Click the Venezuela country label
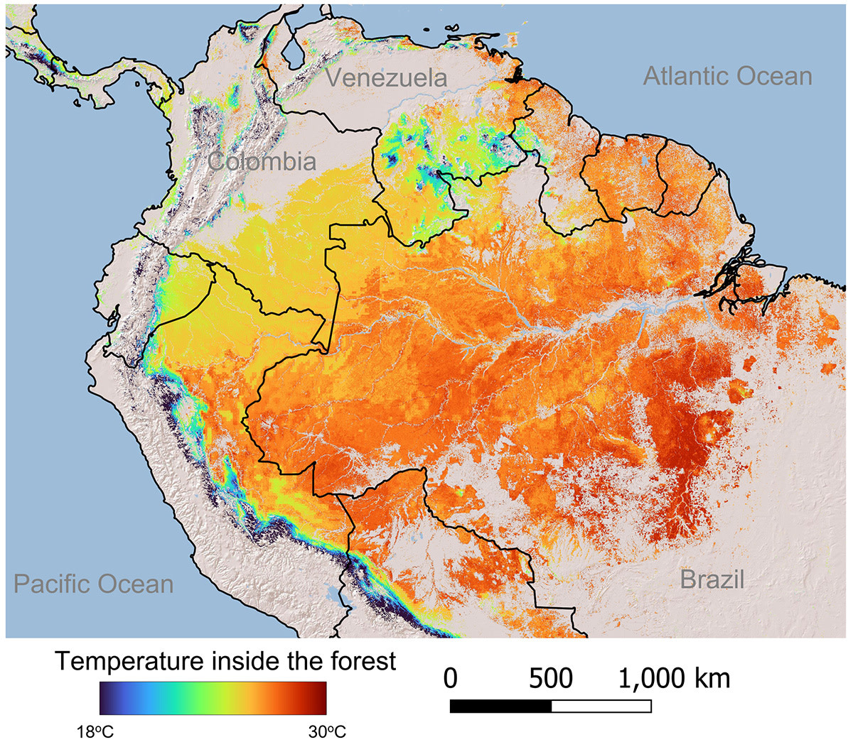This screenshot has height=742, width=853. click(387, 77)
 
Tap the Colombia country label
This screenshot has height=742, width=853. click(262, 161)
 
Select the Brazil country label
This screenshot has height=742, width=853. click(712, 579)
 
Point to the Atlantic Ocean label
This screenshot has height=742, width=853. click(727, 76)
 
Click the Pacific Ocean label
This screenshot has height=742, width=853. click(94, 584)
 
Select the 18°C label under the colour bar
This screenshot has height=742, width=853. click(95, 732)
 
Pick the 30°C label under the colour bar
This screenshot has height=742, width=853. click(327, 732)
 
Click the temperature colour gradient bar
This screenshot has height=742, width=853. click(213, 698)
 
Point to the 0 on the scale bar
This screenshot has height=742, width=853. click(450, 678)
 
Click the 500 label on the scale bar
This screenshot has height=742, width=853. click(551, 678)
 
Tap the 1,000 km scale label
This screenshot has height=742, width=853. click(673, 678)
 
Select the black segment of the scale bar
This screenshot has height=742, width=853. click(500, 706)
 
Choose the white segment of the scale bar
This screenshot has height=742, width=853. click(601, 706)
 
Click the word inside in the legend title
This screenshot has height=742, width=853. click(245, 661)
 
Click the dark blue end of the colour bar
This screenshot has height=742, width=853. click(104, 698)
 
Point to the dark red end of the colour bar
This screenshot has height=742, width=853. click(321, 698)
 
